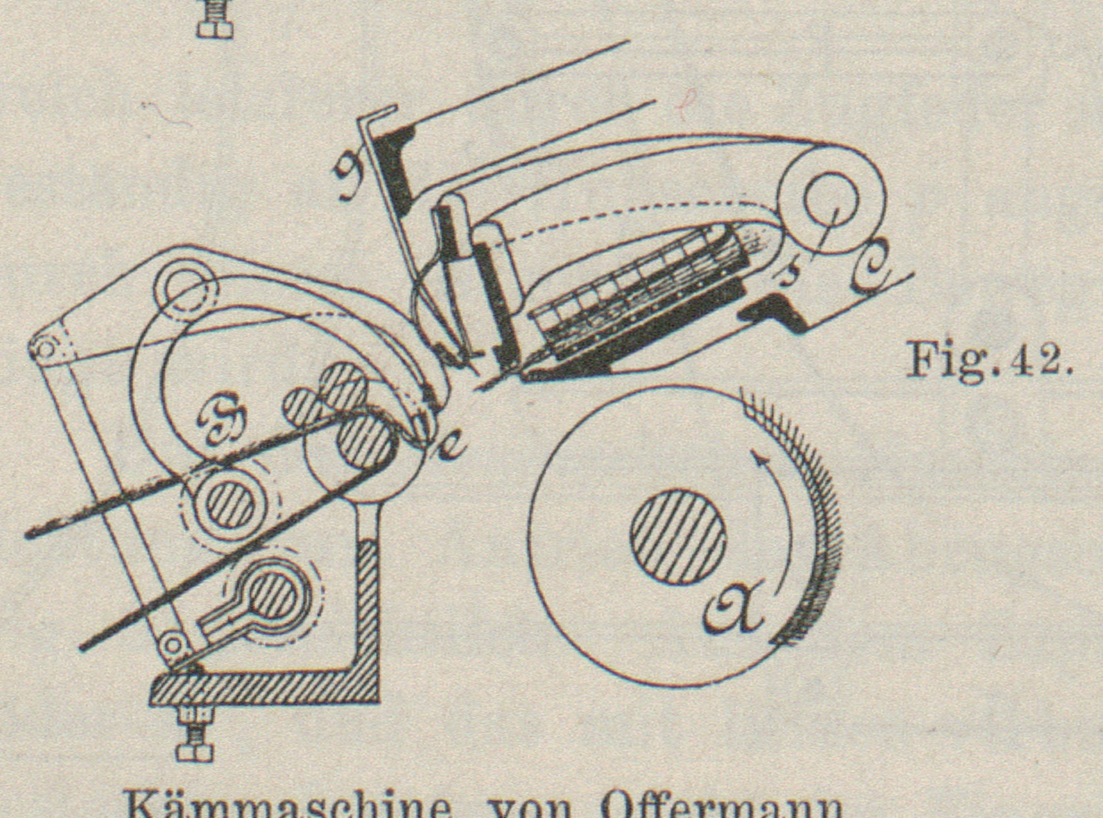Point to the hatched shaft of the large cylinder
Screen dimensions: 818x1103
[678, 536]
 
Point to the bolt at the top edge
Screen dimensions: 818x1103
[214, 19]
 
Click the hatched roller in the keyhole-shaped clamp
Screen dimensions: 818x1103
[273, 594]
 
